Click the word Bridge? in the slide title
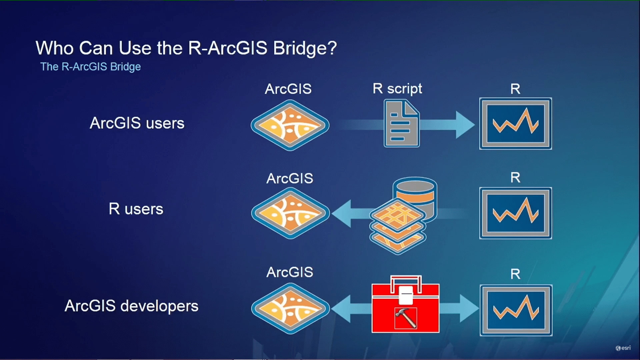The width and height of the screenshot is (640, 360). coord(305,48)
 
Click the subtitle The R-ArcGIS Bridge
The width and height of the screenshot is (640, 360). coord(90,67)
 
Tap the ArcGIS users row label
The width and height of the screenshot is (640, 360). coord(137,123)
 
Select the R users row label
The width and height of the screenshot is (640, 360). coord(136,209)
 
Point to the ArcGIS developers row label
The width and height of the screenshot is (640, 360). coord(132,306)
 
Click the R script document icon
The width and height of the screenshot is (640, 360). coord(402,124)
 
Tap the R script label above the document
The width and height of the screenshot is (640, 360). coord(397,89)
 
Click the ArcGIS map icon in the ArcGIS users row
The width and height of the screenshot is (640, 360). coord(290,125)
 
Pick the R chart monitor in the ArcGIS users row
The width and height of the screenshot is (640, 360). coord(515,124)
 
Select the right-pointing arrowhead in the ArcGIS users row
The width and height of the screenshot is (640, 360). coord(465,125)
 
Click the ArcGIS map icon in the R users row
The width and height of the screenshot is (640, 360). coord(290,213)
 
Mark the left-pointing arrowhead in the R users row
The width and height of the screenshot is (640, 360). coord(342,214)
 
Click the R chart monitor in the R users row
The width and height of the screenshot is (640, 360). coord(515,213)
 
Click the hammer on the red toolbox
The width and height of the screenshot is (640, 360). coord(406,318)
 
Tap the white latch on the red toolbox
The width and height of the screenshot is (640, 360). coord(406,295)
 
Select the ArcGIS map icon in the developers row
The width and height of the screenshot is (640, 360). coord(290,309)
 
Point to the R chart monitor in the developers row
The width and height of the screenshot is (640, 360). coord(516,310)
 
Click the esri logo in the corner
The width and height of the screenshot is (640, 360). coord(623,348)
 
